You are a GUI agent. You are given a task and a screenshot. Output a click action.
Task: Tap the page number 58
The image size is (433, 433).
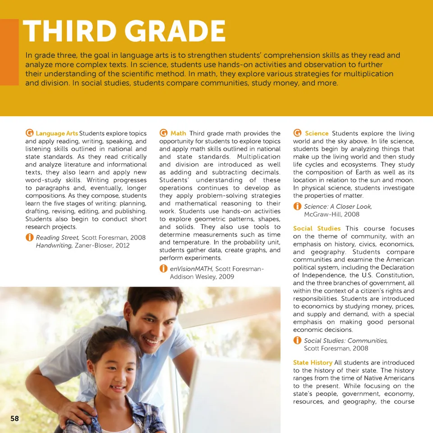[x=15, y=419]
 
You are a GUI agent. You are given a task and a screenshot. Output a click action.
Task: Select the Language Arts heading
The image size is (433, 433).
[x=57, y=134]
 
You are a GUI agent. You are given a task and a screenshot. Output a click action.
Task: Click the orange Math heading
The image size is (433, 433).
[x=178, y=134]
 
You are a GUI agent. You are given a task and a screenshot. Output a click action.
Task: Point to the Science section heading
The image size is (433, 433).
[x=317, y=134]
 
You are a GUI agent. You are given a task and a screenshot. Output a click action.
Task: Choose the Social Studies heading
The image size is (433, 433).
[x=317, y=229]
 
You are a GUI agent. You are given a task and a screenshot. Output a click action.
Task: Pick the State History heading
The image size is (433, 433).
[x=313, y=363]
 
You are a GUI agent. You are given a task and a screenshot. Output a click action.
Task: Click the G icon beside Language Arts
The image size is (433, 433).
[x=29, y=133]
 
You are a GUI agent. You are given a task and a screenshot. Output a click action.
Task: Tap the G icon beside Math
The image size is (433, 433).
[x=164, y=133]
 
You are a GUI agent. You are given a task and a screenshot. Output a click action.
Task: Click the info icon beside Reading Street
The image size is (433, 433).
[x=29, y=237]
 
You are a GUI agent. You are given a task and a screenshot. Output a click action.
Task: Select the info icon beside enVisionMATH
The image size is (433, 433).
[x=163, y=269]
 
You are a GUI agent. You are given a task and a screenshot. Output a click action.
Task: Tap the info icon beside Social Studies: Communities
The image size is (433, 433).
[x=297, y=341]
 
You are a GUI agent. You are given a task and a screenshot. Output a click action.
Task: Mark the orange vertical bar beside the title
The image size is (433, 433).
[x=9, y=52]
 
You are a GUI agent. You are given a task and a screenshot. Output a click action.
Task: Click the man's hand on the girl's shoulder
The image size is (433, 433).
[x=77, y=410]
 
